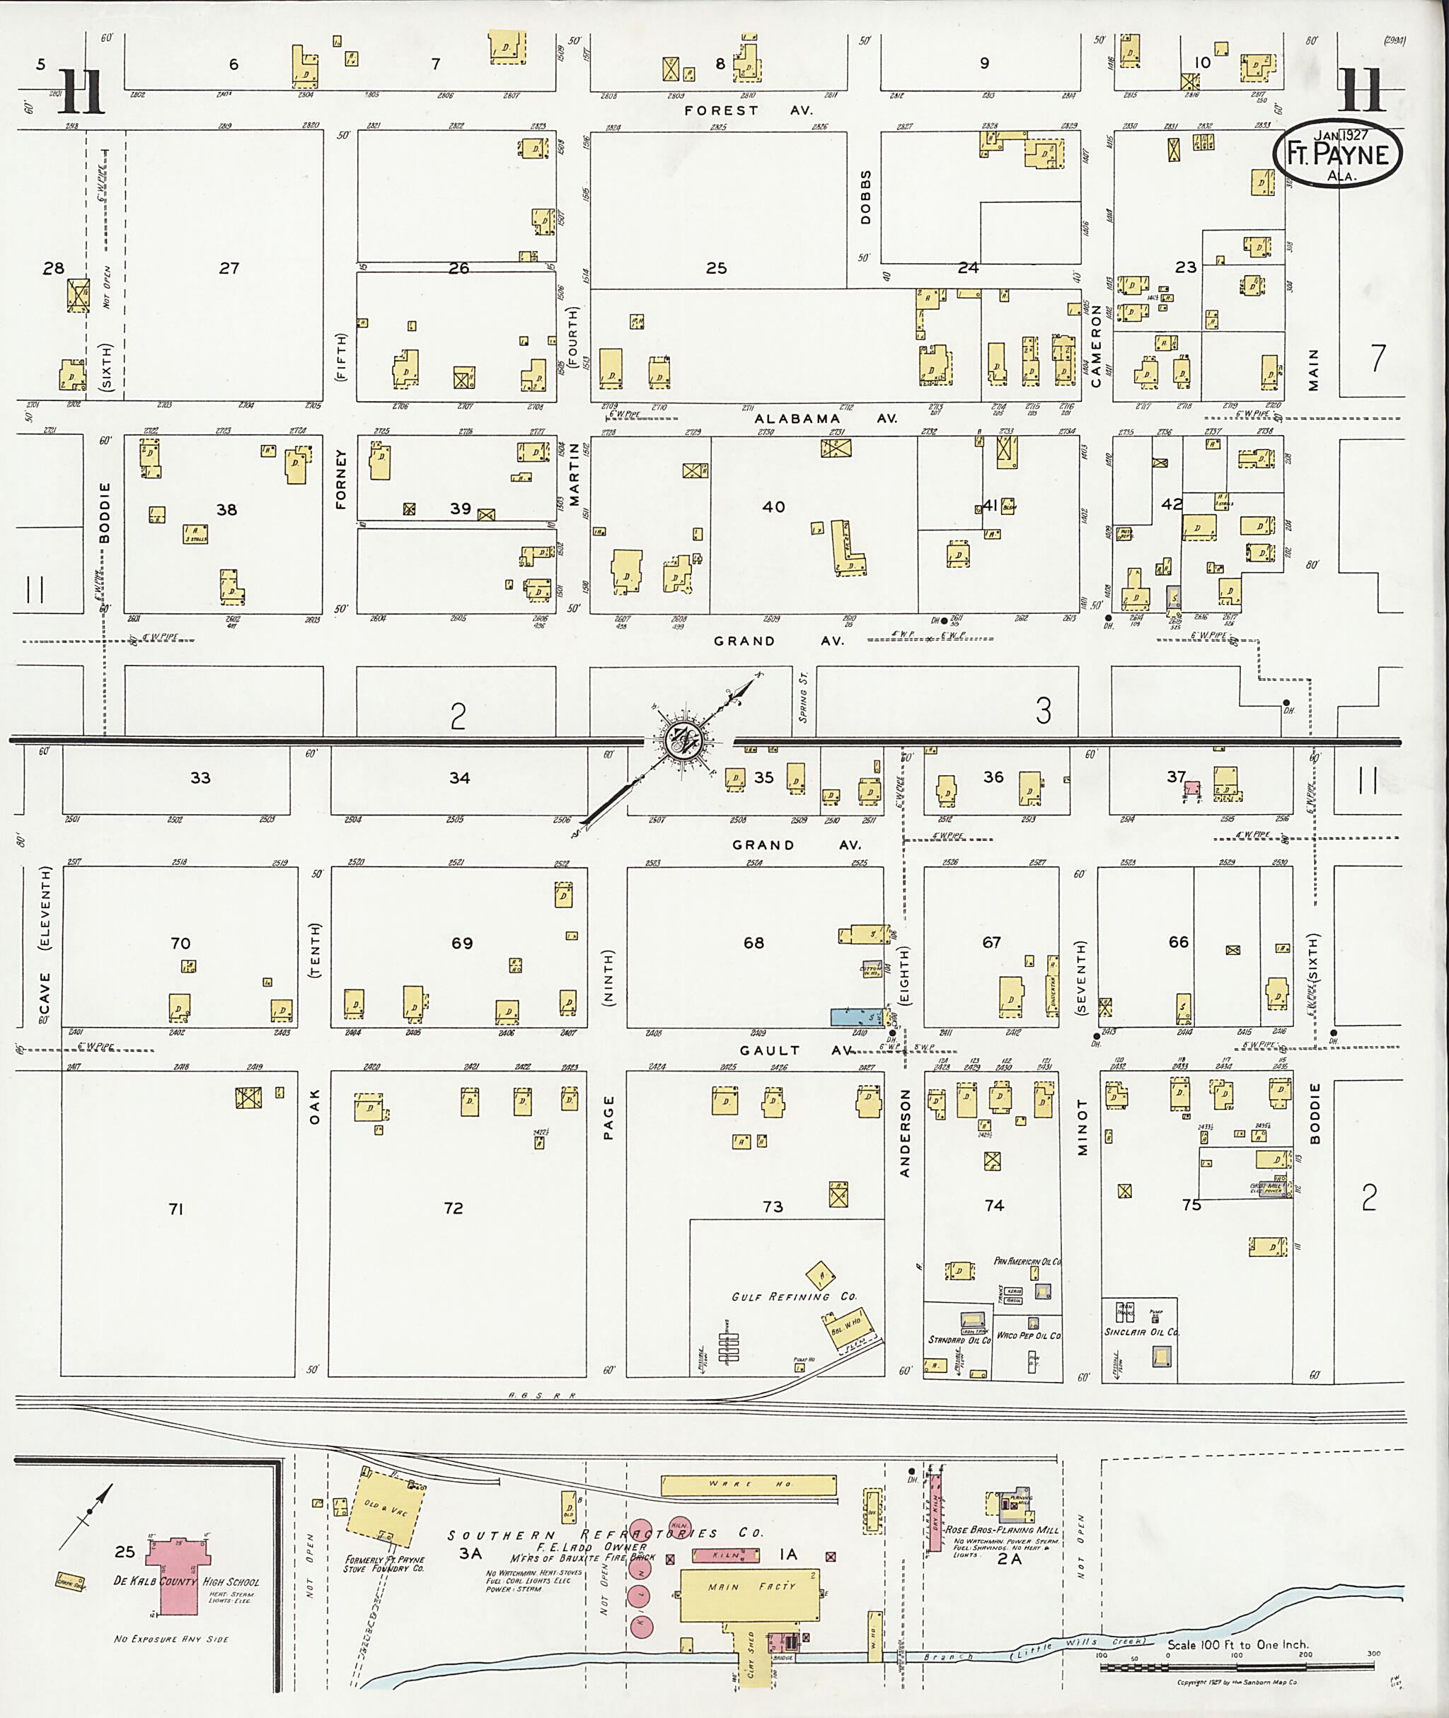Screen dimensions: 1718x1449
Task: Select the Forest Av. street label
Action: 748,110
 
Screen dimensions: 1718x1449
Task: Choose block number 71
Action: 175,1208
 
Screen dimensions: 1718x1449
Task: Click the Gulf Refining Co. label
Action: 795,1296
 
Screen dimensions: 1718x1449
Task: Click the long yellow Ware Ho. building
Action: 749,1485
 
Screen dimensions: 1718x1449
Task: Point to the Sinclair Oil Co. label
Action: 1141,1332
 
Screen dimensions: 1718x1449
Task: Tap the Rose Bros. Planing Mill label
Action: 1001,1531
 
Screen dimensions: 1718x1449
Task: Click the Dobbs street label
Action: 865,197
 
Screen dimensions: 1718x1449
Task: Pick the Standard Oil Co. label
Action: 959,1340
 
